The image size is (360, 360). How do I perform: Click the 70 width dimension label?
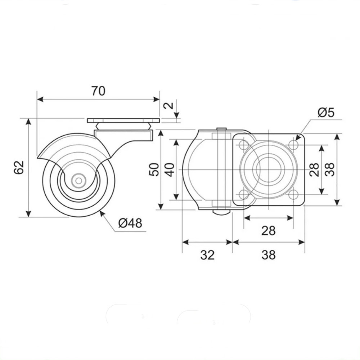click(99, 91)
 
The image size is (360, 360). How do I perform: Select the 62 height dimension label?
click(19, 168)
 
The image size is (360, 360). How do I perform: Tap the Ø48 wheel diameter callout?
click(130, 223)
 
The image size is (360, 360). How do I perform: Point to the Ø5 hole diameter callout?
click(326, 113)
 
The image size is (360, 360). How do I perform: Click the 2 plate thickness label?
click(169, 105)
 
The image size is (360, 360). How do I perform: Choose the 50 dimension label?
click(154, 170)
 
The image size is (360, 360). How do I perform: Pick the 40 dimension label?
click(170, 170)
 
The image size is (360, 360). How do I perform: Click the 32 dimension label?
click(208, 255)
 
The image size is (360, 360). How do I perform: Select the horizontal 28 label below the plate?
click(269, 231)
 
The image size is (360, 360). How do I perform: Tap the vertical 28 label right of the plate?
click(314, 170)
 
